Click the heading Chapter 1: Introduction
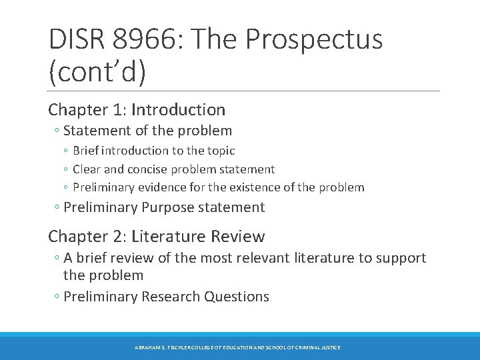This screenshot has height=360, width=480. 137,109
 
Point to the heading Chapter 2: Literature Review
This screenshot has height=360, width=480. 157,236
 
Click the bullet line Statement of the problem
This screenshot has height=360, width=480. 147,131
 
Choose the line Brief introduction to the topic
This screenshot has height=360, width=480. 153,151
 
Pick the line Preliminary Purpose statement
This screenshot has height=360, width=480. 163,207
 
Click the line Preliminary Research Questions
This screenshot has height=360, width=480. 166,297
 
